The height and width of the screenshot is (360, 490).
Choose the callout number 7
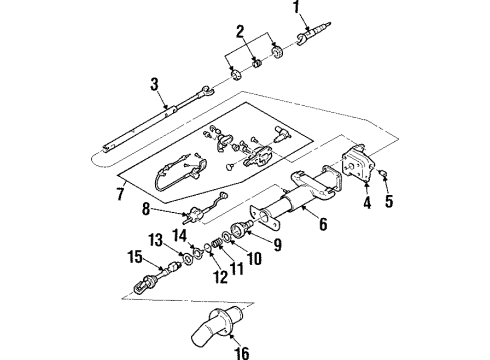[x=122, y=192]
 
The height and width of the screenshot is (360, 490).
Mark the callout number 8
[x=147, y=211]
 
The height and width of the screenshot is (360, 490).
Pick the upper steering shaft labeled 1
[x=322, y=36]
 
